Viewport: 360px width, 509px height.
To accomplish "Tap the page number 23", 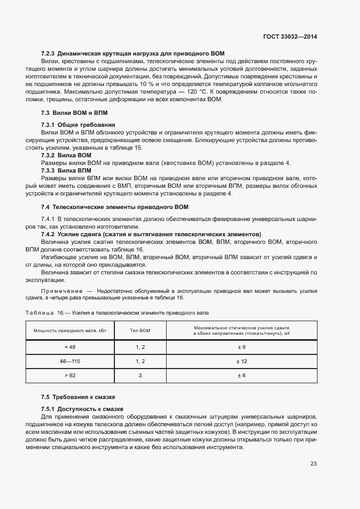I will click(x=313, y=464).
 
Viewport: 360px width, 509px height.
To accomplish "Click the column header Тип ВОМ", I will click(x=140, y=330).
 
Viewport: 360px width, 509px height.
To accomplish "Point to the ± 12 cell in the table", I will click(x=241, y=361).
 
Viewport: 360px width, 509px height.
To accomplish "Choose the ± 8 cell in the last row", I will click(x=241, y=375).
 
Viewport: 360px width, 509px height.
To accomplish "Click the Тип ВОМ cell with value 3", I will click(x=140, y=375).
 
